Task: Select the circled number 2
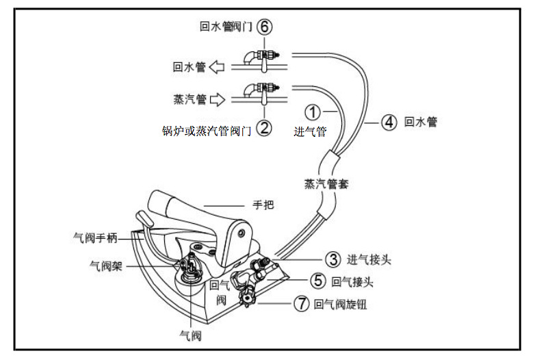pyautogui.click(x=264, y=127)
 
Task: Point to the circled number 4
pyautogui.click(x=389, y=123)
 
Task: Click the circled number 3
pyautogui.click(x=332, y=259)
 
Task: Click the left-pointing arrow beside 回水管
pyautogui.click(x=217, y=67)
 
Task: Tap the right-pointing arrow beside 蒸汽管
pyautogui.click(x=217, y=100)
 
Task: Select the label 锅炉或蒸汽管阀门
pyautogui.click(x=206, y=130)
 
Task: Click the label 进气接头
pyautogui.click(x=369, y=260)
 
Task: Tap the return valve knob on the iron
pyautogui.click(x=245, y=300)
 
